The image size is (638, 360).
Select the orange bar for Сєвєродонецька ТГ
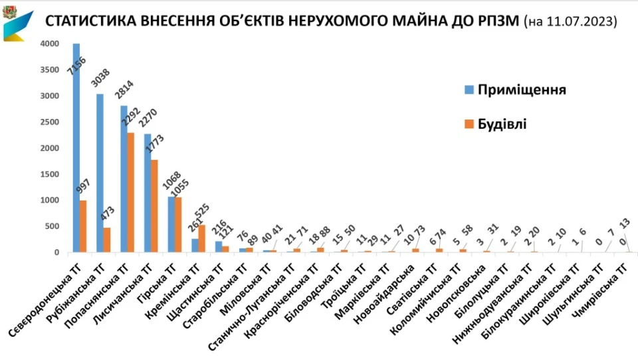[x=84, y=226]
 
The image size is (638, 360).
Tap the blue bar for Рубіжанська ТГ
[x=100, y=173]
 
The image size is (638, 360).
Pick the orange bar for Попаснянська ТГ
[x=131, y=192]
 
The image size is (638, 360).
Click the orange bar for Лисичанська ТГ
[x=155, y=205]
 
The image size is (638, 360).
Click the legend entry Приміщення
[x=522, y=90]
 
